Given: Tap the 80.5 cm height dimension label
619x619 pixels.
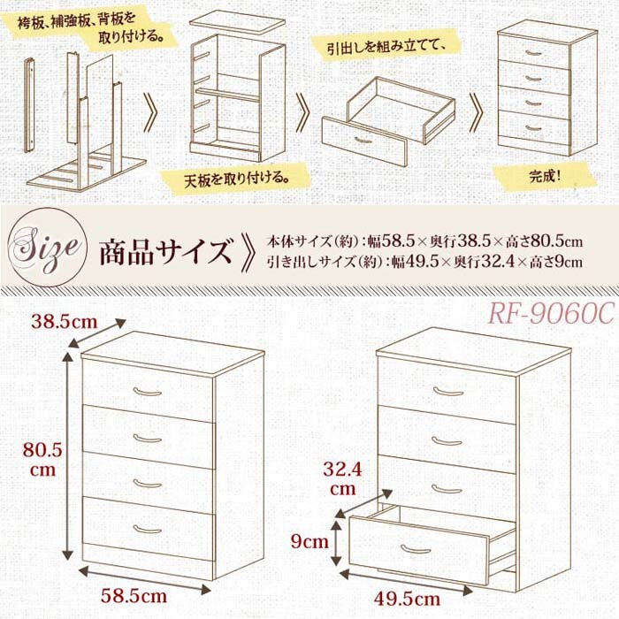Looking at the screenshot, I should [x=43, y=460].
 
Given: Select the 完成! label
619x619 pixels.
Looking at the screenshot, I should [x=546, y=174].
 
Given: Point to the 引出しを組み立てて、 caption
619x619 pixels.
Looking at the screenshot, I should [x=383, y=42].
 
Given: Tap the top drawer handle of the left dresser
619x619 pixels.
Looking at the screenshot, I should [x=148, y=390].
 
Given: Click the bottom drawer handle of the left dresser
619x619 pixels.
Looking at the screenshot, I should [x=147, y=530].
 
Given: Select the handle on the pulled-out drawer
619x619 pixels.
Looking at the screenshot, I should [x=416, y=549].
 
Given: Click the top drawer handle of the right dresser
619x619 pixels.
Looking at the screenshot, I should [x=448, y=390].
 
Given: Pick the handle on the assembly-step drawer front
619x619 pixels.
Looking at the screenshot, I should [x=363, y=139].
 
